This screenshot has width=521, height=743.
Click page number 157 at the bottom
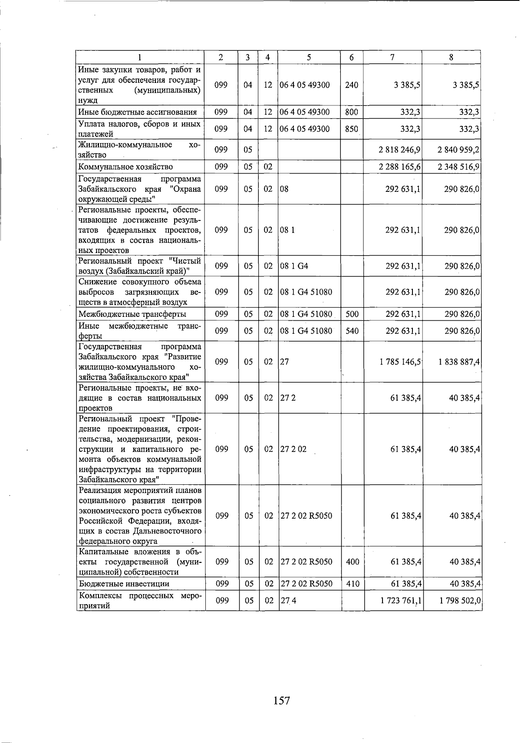[x=282, y=700]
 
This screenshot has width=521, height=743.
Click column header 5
[x=309, y=57]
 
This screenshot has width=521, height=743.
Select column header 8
[x=452, y=57]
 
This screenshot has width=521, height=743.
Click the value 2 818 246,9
[x=399, y=150]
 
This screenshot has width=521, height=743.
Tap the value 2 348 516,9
[x=458, y=167]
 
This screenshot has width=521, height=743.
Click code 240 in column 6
[x=351, y=85]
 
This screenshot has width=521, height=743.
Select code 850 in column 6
[x=351, y=129]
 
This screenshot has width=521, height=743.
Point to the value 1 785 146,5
[x=400, y=362]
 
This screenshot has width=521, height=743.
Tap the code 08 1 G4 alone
[x=294, y=266]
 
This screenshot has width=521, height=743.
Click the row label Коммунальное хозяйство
[x=125, y=167]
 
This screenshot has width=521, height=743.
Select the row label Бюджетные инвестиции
[x=124, y=584]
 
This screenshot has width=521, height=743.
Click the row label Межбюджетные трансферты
[x=132, y=314]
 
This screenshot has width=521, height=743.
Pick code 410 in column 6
[x=353, y=584]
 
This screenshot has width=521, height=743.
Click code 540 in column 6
[x=352, y=331]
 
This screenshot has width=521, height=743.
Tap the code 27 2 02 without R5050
[x=293, y=449]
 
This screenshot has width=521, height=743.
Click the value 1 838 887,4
[x=459, y=362]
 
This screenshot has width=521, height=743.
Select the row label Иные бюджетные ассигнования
[x=137, y=112]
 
